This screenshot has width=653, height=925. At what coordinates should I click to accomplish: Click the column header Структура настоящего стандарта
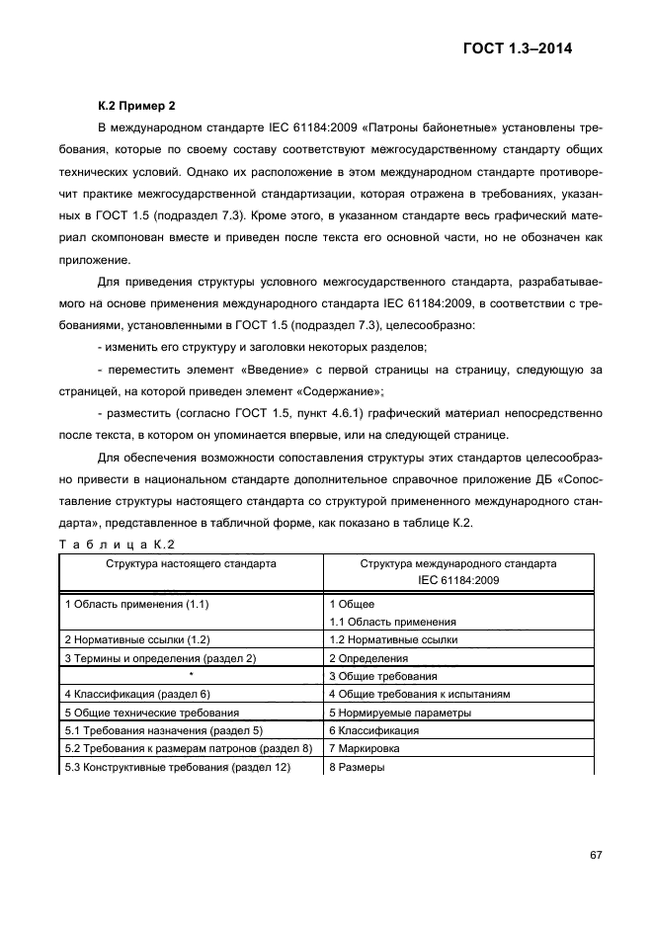[x=192, y=563]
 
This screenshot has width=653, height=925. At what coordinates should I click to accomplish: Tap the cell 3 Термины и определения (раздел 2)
[x=160, y=658]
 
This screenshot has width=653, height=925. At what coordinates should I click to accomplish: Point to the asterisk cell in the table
[x=191, y=676]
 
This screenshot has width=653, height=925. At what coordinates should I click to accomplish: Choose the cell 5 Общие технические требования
[x=151, y=713]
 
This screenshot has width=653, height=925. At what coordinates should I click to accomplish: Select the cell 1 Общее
[x=352, y=604]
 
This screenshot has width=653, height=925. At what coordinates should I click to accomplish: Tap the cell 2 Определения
[x=368, y=658]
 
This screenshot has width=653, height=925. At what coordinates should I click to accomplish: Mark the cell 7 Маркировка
[x=365, y=749]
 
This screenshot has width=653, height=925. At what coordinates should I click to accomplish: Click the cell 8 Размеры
[x=356, y=768]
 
